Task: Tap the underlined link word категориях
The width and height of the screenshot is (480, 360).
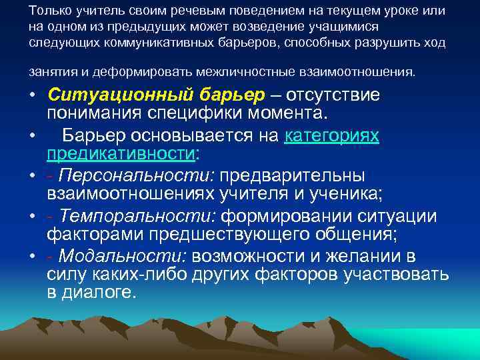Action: click(332, 136)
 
